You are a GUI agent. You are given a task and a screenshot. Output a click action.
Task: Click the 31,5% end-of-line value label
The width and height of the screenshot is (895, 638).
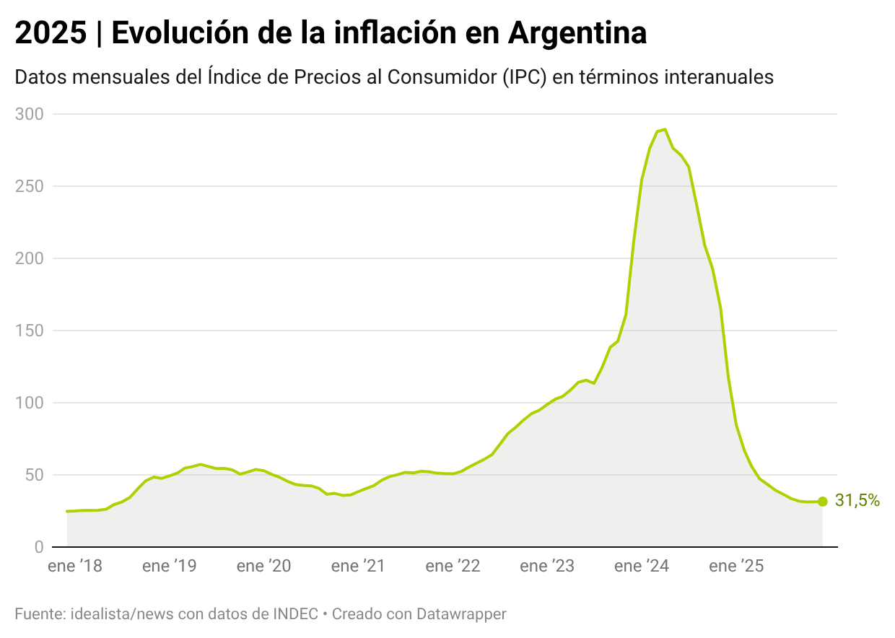tap(857, 501)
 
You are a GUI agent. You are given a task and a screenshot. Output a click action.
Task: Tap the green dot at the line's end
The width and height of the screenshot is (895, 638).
tap(822, 502)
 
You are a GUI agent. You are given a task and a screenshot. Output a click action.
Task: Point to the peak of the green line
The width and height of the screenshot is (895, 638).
tap(664, 130)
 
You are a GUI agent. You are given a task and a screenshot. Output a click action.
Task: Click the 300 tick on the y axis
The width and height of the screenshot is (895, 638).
tap(30, 114)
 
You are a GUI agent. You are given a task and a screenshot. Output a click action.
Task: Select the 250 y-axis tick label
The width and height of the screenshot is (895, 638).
tap(30, 186)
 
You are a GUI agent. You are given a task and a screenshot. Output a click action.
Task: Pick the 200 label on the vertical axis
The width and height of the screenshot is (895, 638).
tap(30, 258)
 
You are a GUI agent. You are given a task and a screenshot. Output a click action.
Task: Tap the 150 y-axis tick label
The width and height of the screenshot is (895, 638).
tap(30, 331)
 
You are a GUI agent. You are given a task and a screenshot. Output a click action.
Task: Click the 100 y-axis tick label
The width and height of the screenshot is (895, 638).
tap(30, 403)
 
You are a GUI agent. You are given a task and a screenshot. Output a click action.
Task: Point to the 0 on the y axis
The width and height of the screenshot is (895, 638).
tap(39, 547)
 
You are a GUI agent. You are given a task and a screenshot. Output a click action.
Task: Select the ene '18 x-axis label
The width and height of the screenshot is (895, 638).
tap(75, 567)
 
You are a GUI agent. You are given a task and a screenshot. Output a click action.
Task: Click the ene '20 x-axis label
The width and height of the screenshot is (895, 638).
tap(264, 567)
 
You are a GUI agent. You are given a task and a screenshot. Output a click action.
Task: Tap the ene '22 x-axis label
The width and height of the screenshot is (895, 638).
tap(453, 567)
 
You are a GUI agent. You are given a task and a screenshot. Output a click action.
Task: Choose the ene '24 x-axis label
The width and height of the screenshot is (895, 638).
tap(642, 567)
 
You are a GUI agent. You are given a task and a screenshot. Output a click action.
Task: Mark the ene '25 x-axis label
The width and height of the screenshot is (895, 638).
tap(736, 567)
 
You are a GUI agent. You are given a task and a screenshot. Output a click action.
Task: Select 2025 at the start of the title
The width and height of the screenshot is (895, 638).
tap(50, 33)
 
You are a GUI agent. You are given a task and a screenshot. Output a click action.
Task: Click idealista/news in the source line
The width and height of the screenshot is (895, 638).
tap(115, 614)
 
